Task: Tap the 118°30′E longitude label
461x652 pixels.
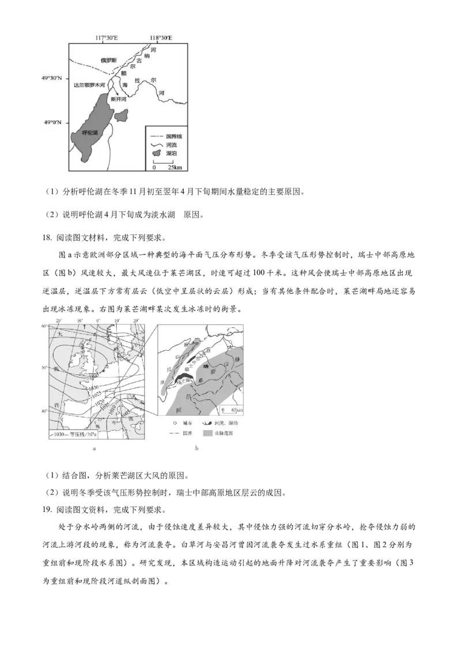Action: [161, 38]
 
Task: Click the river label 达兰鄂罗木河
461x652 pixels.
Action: [89, 85]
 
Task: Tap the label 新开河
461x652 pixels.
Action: [118, 99]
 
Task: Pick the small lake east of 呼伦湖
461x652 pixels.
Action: [122, 116]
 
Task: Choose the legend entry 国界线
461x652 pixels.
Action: [173, 136]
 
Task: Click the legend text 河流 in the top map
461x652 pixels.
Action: [171, 145]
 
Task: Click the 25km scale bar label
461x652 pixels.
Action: [174, 167]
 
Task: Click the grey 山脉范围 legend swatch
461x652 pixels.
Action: [208, 433]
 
